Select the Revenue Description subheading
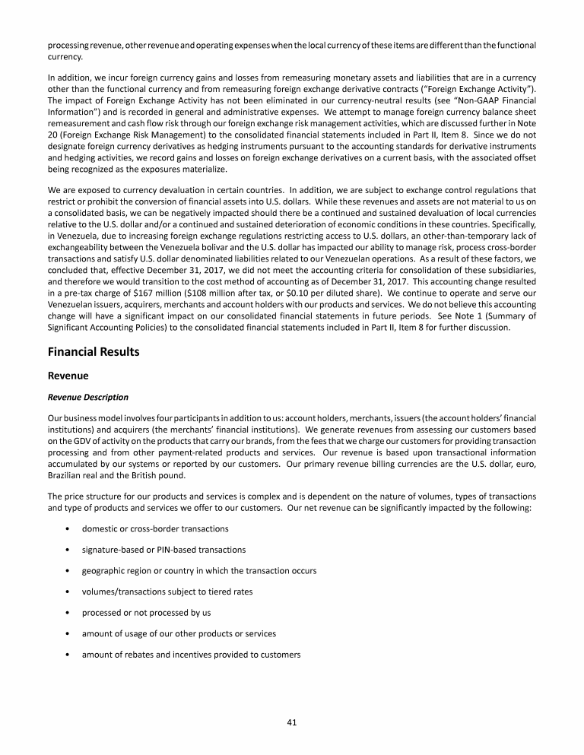pyautogui.click(x=87, y=397)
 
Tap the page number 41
pyautogui.click(x=292, y=722)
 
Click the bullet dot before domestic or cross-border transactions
pyautogui.click(x=69, y=528)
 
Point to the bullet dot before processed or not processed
pyautogui.click(x=69, y=613)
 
